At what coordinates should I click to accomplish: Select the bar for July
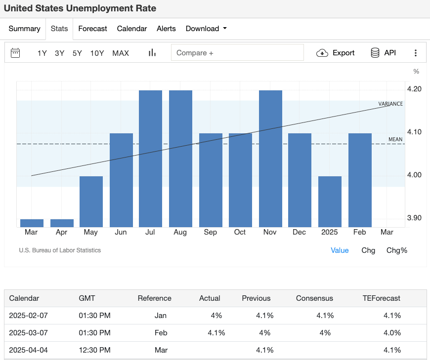pos(150,159)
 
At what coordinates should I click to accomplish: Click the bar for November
pos(270,159)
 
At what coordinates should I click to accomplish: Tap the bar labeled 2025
pos(330,201)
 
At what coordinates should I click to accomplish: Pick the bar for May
pos(91,201)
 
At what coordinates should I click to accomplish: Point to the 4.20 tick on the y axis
pos(414,89)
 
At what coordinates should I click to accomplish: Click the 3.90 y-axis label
pos(414,218)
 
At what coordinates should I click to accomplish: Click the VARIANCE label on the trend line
pos(390,104)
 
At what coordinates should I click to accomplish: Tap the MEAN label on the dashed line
pos(395,139)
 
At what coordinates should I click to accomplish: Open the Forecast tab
pos(92,29)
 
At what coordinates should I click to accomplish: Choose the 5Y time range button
pos(77,53)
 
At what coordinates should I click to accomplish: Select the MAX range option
pos(121,53)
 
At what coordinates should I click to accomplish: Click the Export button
pos(336,53)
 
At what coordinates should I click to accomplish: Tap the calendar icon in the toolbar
pos(15,53)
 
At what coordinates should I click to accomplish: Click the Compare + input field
pos(237,53)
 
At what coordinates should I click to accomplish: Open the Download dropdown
pos(206,29)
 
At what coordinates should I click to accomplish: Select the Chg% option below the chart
pos(396,250)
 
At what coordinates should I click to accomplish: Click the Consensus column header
pos(314,298)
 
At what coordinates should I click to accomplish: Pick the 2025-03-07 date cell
pos(29,333)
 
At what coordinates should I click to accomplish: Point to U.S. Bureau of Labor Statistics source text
pos(60,250)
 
